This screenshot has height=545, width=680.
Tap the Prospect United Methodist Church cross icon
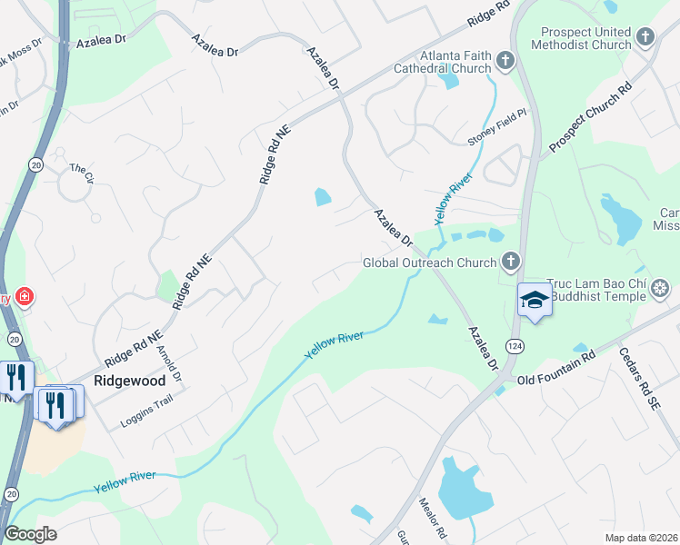point(645,37)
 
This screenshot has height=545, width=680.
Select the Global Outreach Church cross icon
point(511,263)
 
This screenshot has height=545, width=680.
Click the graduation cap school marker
point(535,300)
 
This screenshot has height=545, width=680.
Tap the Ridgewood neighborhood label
point(130,381)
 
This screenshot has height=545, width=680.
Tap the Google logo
point(30,534)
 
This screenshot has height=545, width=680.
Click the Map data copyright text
point(642,538)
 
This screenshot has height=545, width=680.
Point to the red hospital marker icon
point(25,296)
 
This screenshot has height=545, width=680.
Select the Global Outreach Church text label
point(430,263)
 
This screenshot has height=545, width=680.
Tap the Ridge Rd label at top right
point(489,12)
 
